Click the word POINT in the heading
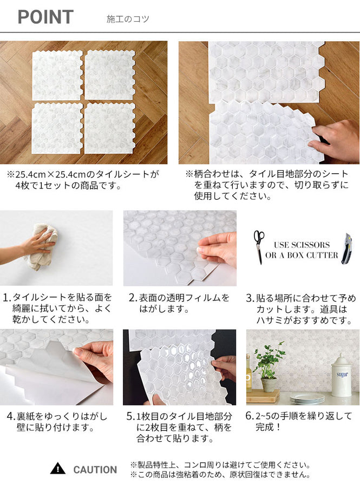pos(45,17)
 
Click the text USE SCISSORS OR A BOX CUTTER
pos(302,250)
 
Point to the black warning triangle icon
pos(57,469)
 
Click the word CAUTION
pos(95,470)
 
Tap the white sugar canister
pos(341,377)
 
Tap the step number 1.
pos(6,298)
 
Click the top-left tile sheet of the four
pos(57,75)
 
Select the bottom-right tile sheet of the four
pos(110,128)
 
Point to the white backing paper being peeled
pos(38,384)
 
